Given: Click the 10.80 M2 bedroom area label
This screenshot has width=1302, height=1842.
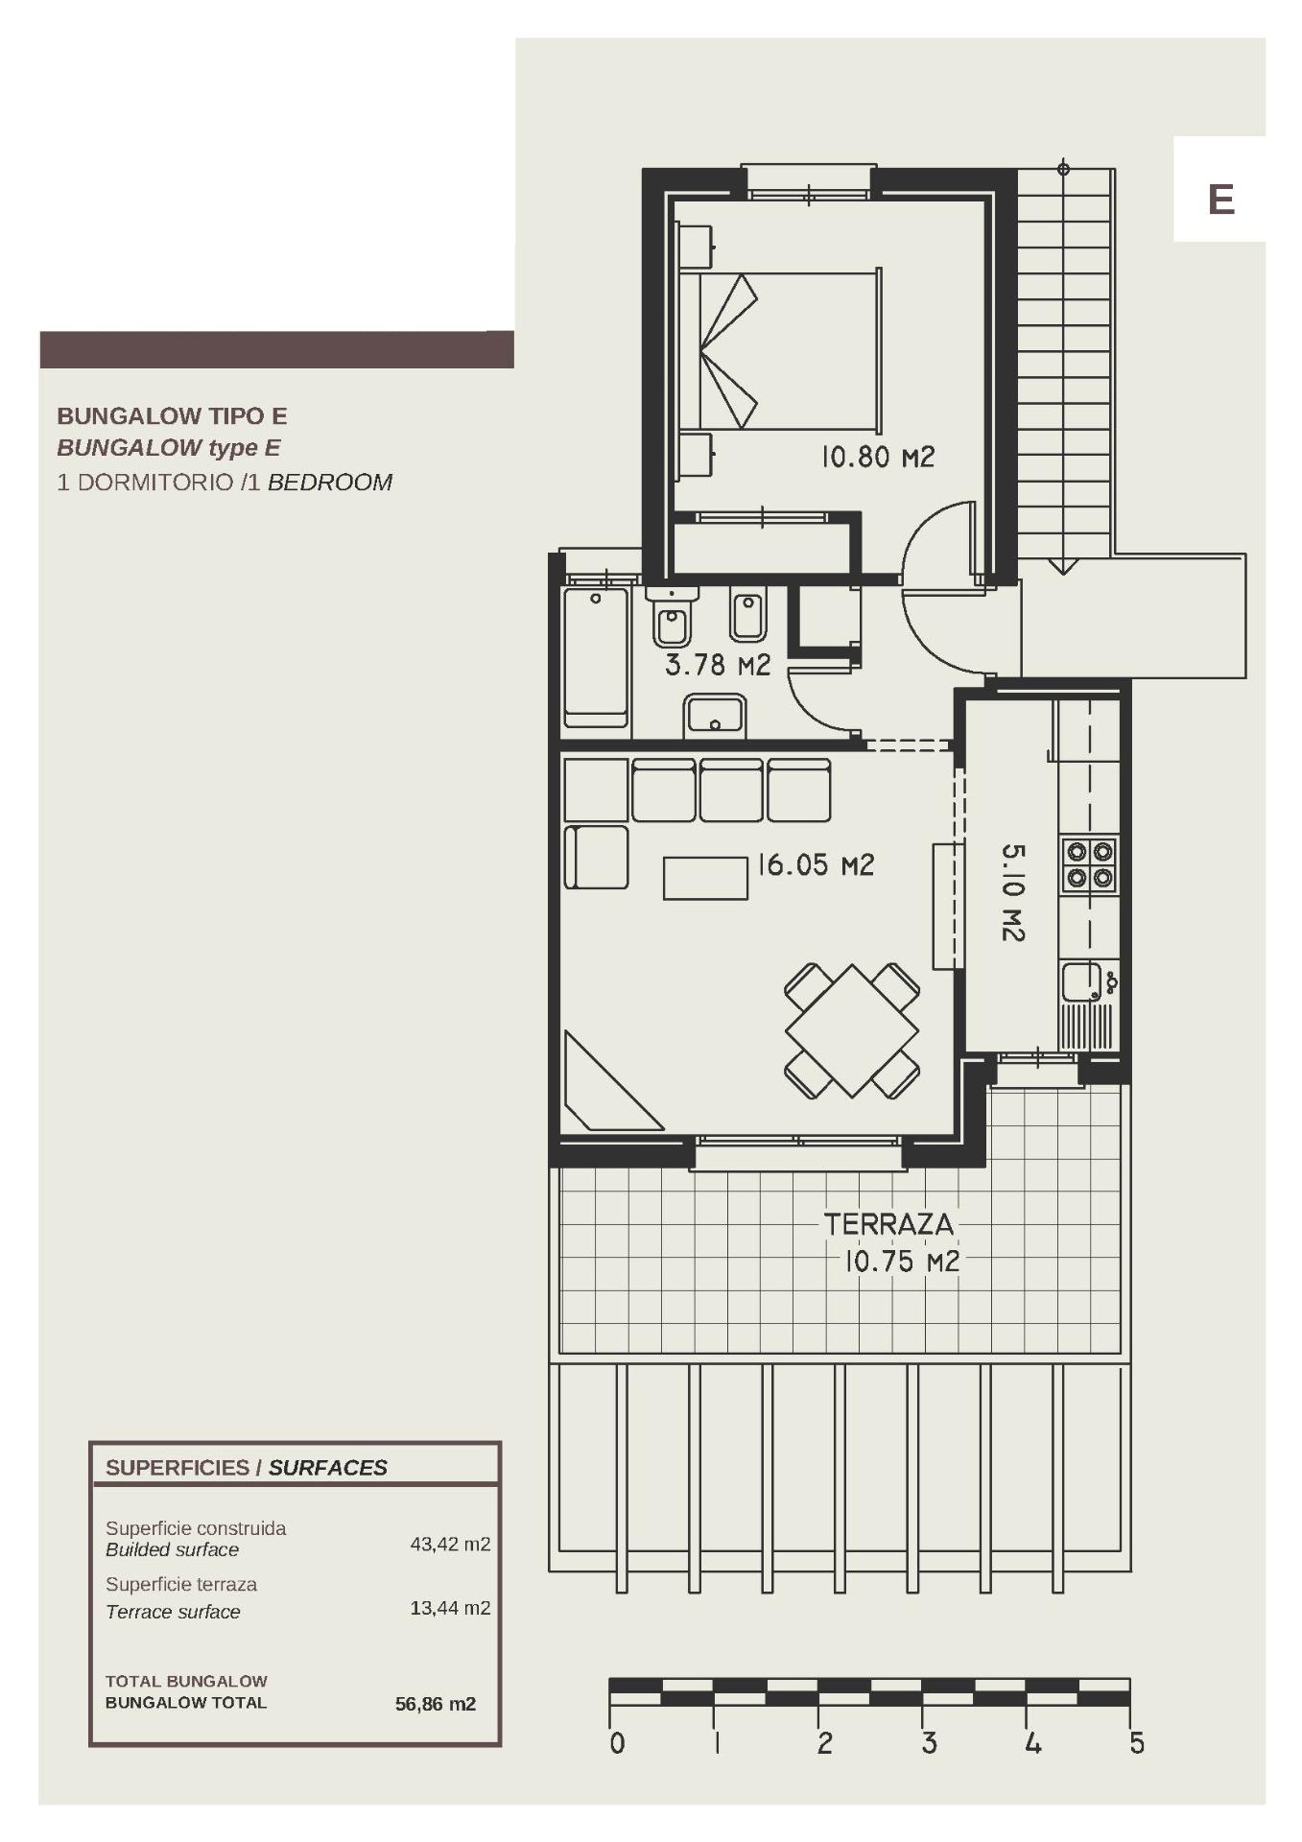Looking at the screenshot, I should pos(877,457).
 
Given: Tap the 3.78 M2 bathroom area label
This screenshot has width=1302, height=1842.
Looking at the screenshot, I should pos(718,665).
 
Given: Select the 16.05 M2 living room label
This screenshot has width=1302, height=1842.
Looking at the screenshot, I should pos(816,865).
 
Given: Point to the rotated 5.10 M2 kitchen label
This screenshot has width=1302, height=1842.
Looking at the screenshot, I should pos(1013,892).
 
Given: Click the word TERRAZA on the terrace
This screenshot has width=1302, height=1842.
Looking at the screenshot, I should pos(888,1224).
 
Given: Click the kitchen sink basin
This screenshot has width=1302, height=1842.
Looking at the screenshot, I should pos(1081,982).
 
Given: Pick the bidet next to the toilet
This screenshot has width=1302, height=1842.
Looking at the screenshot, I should pos(747,614).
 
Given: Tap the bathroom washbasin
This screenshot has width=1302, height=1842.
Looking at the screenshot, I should pos(715,715).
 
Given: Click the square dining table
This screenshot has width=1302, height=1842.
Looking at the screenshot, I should pos(852,1031).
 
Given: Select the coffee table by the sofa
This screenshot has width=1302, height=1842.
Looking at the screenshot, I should pos(705,878).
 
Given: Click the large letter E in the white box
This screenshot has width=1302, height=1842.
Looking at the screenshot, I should pos(1220,200).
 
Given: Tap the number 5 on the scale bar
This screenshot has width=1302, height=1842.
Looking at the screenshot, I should pos(1136,1743).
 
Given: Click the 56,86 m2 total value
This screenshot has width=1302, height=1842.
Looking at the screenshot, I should pos(436,1704).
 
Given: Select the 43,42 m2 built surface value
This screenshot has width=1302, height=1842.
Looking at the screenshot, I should pos(450,1544).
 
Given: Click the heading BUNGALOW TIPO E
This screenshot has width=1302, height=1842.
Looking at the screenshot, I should pos(172,415).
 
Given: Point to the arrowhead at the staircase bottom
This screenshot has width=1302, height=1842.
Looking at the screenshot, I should pos(1062,565).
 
